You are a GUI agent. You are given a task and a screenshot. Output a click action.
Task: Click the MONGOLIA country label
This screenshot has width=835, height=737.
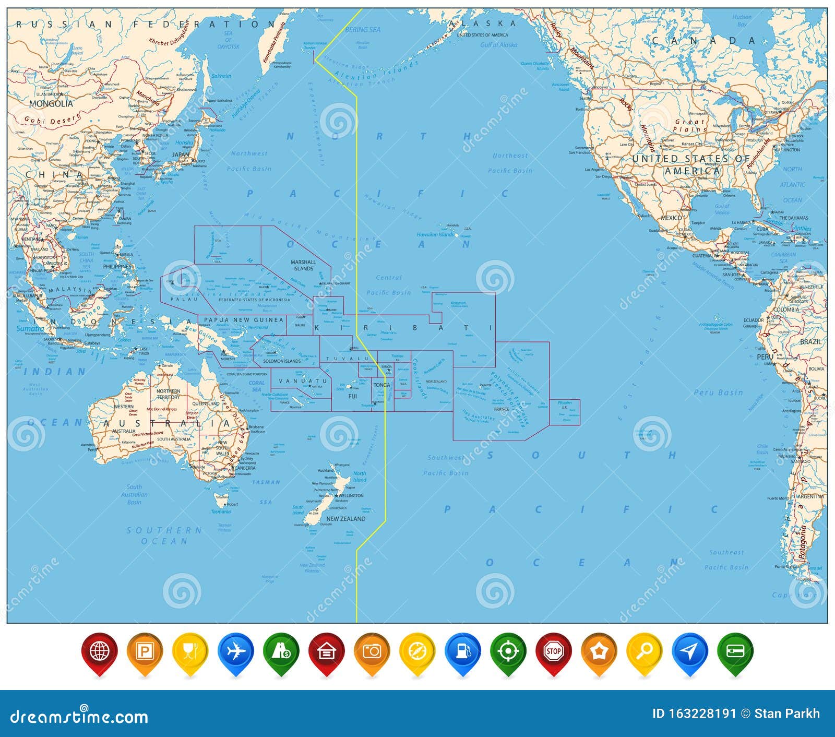coord(51,104)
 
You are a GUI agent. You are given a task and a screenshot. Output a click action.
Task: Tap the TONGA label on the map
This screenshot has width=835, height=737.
coord(381,385)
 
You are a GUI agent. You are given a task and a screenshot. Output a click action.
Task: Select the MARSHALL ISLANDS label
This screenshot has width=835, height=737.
coord(303,265)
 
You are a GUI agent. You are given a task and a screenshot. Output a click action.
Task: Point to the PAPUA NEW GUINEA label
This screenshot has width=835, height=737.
coord(244,320)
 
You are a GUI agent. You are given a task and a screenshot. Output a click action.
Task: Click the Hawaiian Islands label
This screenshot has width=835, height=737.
coord(435,235)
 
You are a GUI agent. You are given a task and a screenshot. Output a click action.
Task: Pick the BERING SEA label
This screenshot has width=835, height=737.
coord(363,30)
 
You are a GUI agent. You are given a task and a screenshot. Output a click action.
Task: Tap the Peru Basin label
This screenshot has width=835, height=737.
coord(718,393)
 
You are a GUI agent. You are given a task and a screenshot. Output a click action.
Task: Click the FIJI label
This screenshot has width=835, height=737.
coord(353,396)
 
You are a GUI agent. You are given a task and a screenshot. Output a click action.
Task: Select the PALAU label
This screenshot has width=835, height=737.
coord(185,299)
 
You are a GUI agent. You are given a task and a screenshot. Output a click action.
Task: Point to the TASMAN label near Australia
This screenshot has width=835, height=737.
coord(266,482)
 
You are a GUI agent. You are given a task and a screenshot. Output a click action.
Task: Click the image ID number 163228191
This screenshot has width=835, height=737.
coord(694,714)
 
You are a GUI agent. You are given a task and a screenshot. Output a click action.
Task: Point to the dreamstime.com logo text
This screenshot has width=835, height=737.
coord(79,716)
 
